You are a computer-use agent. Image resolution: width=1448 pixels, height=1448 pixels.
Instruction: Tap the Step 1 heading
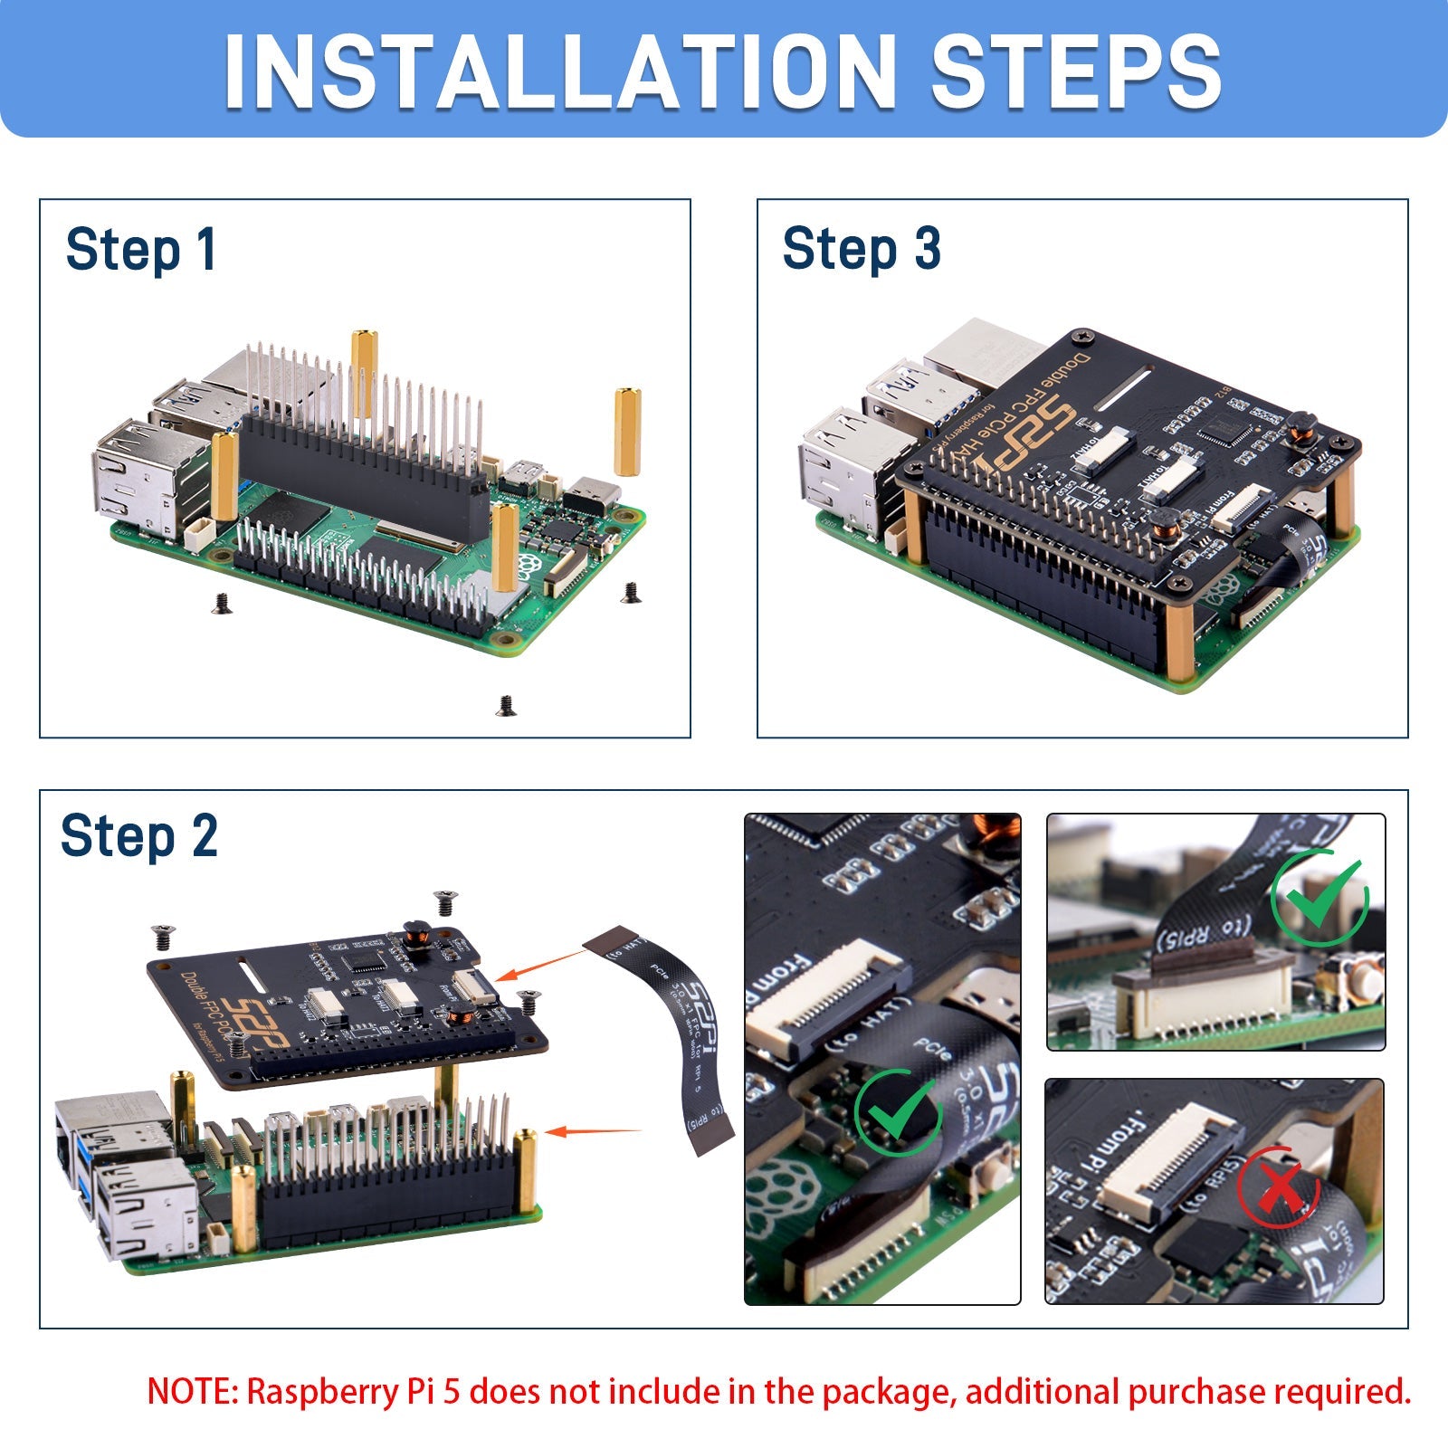tap(141, 250)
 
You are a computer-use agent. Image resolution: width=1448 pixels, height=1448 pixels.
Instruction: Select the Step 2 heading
tap(138, 836)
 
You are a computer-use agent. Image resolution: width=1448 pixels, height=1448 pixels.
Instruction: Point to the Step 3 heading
tap(861, 249)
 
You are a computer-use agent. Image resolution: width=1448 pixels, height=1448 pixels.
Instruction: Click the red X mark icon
tap(1279, 1187)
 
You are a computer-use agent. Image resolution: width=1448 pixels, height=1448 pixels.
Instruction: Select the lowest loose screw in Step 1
tap(507, 705)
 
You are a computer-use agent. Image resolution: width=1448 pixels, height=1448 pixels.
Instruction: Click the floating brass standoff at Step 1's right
tap(627, 432)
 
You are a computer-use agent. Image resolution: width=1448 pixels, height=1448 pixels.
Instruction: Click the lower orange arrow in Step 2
tap(593, 1131)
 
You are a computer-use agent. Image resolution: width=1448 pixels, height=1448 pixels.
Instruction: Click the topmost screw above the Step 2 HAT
tap(444, 901)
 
